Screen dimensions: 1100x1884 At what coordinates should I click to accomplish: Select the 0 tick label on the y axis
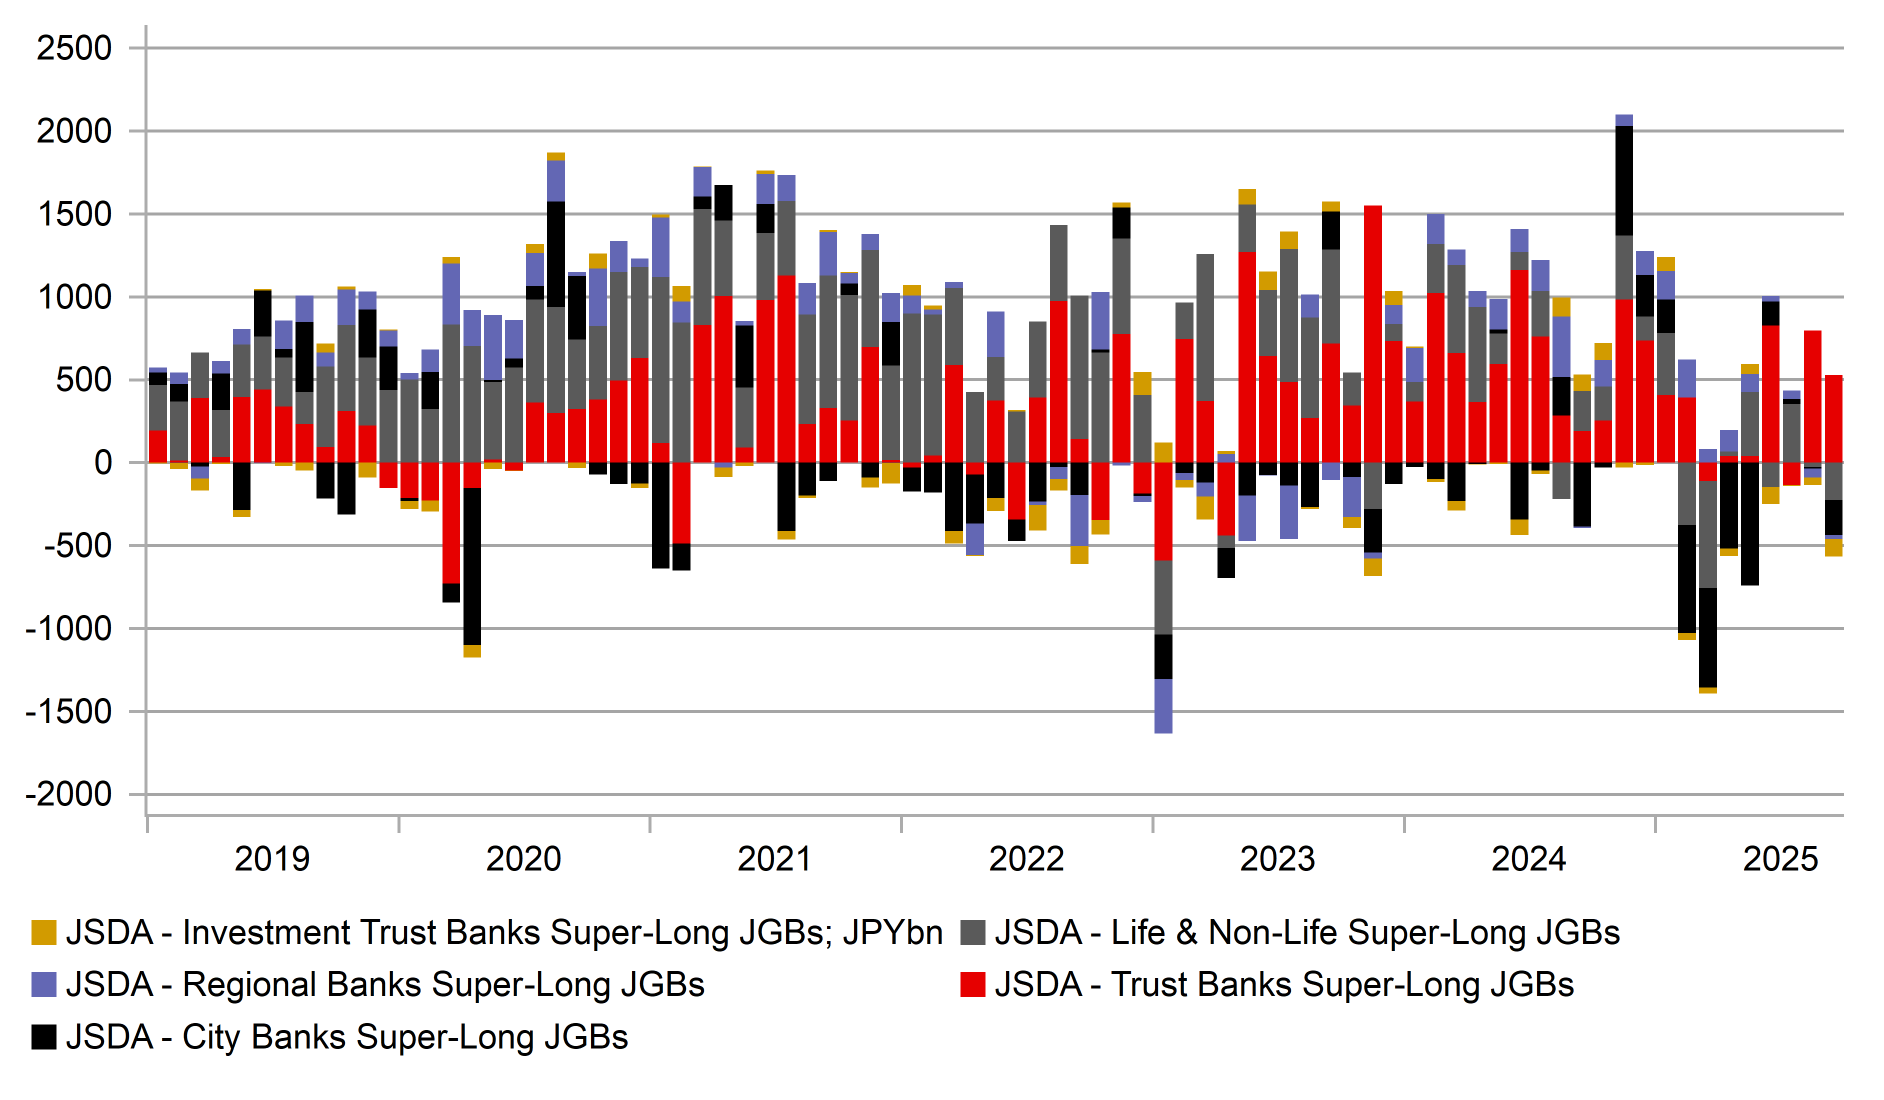[x=103, y=463]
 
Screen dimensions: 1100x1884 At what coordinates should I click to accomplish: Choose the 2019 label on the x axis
[x=272, y=859]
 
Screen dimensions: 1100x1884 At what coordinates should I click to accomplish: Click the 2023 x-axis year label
[x=1277, y=859]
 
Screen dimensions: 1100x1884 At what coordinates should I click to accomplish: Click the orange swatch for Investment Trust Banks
[x=44, y=932]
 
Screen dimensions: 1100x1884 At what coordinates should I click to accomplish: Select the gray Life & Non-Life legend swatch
[x=972, y=932]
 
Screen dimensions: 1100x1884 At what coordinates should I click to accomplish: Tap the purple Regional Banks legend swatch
[x=44, y=985]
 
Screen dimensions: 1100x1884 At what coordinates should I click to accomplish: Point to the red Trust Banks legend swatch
[x=972, y=985]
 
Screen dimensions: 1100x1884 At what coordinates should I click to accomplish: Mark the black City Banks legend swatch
[x=44, y=1037]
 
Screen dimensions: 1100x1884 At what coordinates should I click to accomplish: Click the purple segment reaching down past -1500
[x=1163, y=706]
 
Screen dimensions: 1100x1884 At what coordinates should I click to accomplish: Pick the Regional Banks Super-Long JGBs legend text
[x=385, y=985]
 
